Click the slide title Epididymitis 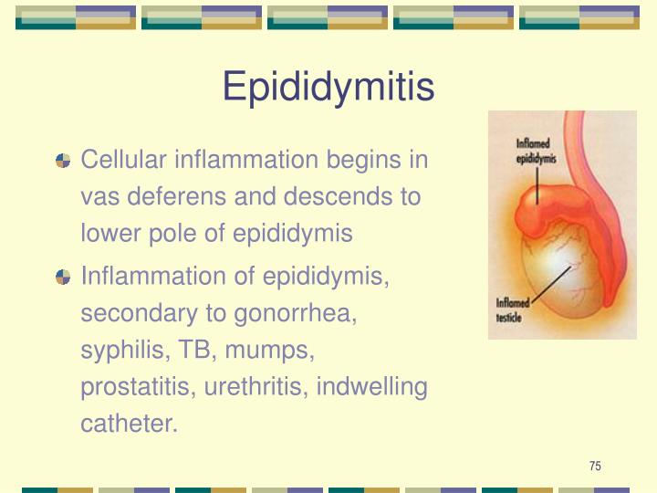pos(328,88)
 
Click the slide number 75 pos(595,467)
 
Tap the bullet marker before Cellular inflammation pos(63,161)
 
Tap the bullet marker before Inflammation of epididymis pos(63,277)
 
